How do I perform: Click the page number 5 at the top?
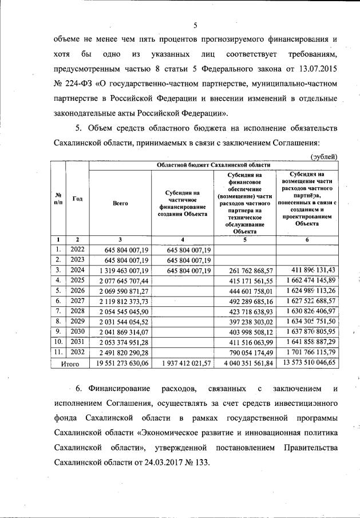coord(195,25)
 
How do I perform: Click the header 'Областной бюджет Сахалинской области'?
coord(213,165)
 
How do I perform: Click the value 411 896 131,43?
coord(307,270)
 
